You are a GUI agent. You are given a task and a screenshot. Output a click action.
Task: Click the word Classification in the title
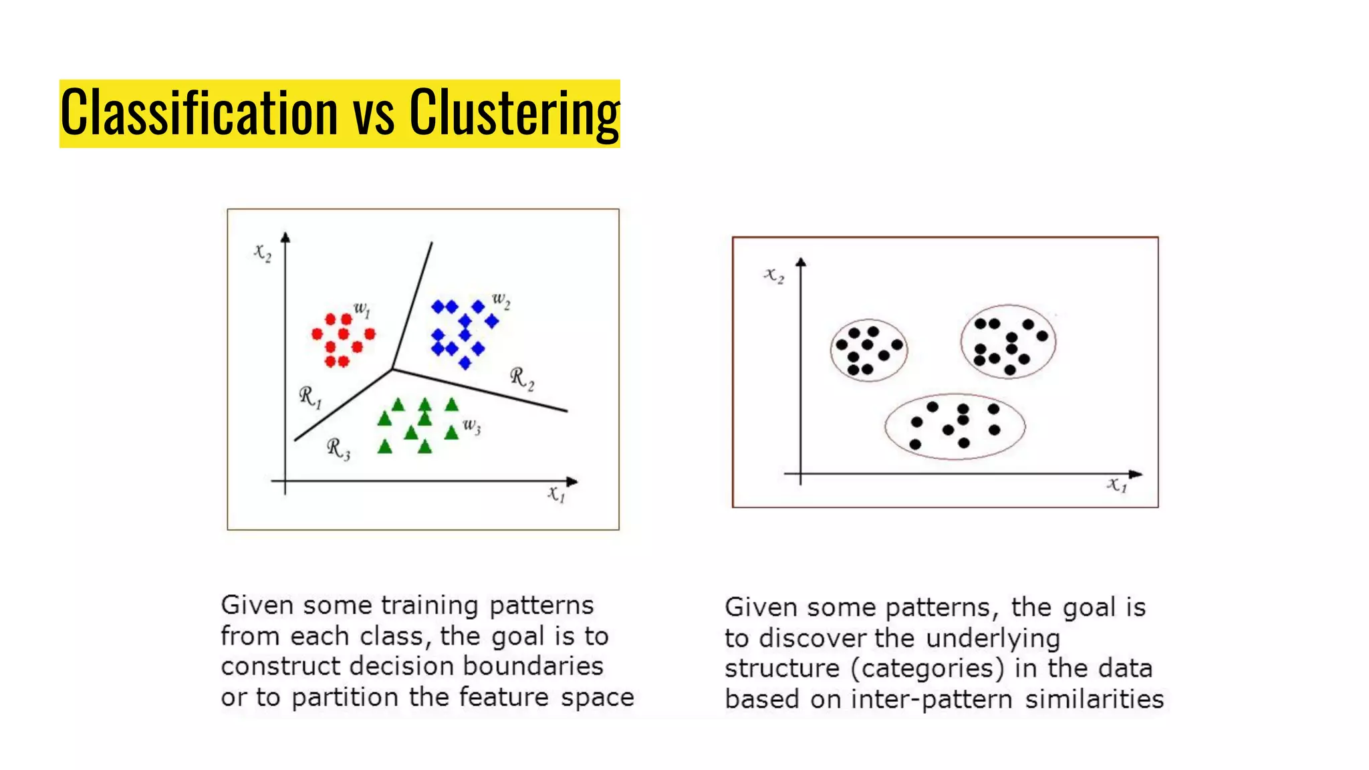[x=199, y=113]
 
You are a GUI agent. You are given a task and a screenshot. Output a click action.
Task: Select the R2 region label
[x=522, y=378]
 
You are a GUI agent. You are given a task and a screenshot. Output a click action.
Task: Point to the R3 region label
[x=338, y=448]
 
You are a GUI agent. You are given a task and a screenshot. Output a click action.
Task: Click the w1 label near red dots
[x=362, y=309]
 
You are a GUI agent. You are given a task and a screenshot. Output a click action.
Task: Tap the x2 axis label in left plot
[x=263, y=252]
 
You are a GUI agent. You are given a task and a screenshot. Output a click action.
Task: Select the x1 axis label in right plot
[x=1116, y=485]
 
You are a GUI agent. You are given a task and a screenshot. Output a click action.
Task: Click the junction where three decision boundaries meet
[x=392, y=368]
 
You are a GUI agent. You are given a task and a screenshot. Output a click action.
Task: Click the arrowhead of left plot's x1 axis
[x=572, y=481]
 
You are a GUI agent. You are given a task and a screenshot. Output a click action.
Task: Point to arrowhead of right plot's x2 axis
[x=801, y=263]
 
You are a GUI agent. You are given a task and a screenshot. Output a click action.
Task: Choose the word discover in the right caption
[x=813, y=638]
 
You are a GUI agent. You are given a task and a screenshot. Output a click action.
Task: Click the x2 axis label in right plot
[x=774, y=275]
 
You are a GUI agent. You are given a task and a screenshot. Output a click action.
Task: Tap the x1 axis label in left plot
[x=556, y=495]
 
